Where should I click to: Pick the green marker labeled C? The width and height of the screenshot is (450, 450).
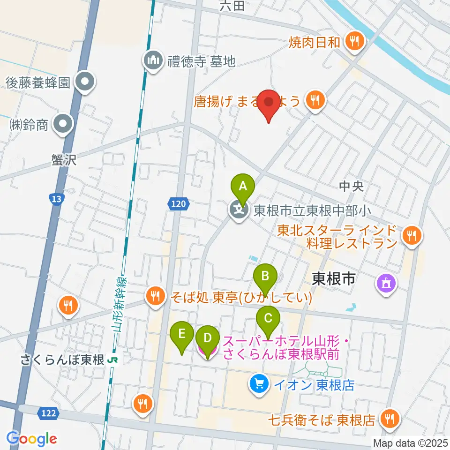268,319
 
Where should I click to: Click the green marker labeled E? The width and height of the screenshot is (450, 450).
182,335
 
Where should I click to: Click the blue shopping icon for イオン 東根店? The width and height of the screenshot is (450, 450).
259,385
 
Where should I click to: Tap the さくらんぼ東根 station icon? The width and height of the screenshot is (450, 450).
112,360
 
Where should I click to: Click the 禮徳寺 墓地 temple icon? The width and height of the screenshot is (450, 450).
153,60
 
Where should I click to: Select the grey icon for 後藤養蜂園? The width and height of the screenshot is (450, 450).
85,83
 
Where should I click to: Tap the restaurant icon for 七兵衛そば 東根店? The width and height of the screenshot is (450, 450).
389,418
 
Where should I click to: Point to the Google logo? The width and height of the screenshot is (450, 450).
31,439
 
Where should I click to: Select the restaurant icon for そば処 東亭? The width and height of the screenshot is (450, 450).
155,296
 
